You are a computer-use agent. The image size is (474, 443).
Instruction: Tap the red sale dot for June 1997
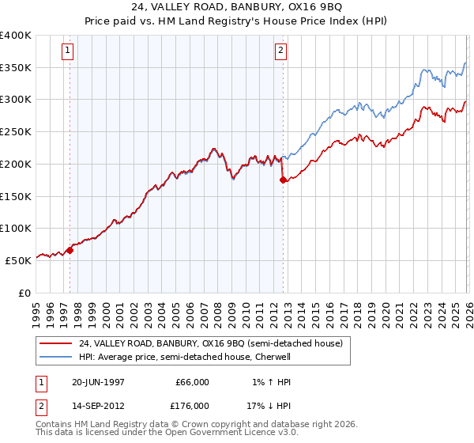(70, 250)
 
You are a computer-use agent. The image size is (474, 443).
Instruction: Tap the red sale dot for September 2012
(282, 180)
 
